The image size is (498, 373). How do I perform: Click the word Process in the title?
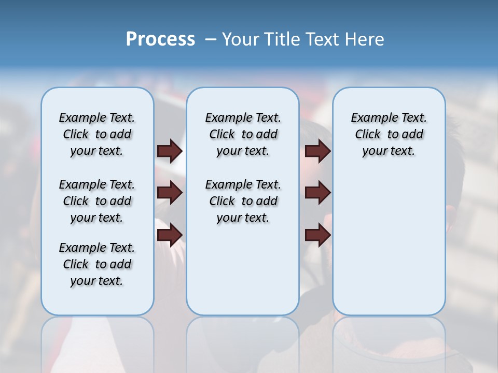[160, 39]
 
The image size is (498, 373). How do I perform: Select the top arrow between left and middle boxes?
[170, 151]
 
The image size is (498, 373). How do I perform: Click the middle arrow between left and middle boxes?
[170, 193]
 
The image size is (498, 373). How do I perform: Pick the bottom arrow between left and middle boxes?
[170, 235]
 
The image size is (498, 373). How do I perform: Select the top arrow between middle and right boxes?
[317, 151]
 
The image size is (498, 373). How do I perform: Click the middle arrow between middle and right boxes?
[317, 193]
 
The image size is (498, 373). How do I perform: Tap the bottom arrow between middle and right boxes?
[317, 235]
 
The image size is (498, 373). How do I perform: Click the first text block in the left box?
[97, 134]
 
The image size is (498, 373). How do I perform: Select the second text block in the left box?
[97, 201]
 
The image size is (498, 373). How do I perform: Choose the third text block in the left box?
[97, 264]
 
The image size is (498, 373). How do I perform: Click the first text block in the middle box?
[243, 134]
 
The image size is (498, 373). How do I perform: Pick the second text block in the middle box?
[243, 201]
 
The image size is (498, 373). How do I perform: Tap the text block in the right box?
[389, 134]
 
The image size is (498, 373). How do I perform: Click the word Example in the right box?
[369, 118]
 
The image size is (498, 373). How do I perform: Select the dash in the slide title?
[211, 39]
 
